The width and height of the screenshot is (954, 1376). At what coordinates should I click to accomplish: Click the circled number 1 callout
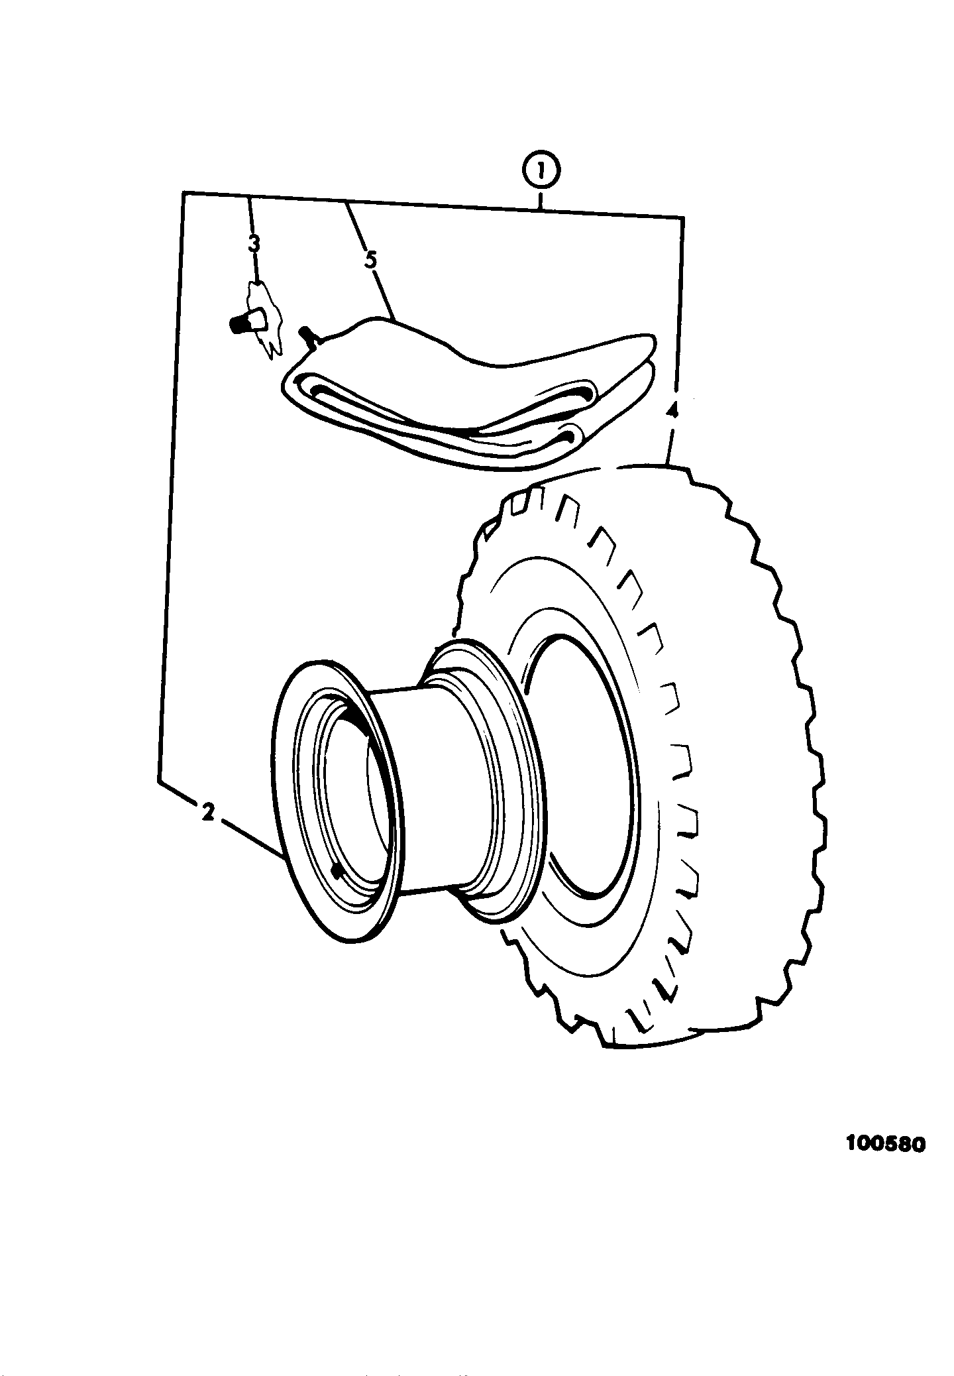[x=541, y=172]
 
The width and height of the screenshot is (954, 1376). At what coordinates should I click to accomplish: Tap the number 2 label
[x=207, y=812]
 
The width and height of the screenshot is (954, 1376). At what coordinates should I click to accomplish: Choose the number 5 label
[x=370, y=260]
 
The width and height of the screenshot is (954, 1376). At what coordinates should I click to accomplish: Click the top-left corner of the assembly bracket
[x=183, y=193]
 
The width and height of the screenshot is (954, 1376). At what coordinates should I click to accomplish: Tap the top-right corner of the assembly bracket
[x=683, y=217]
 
